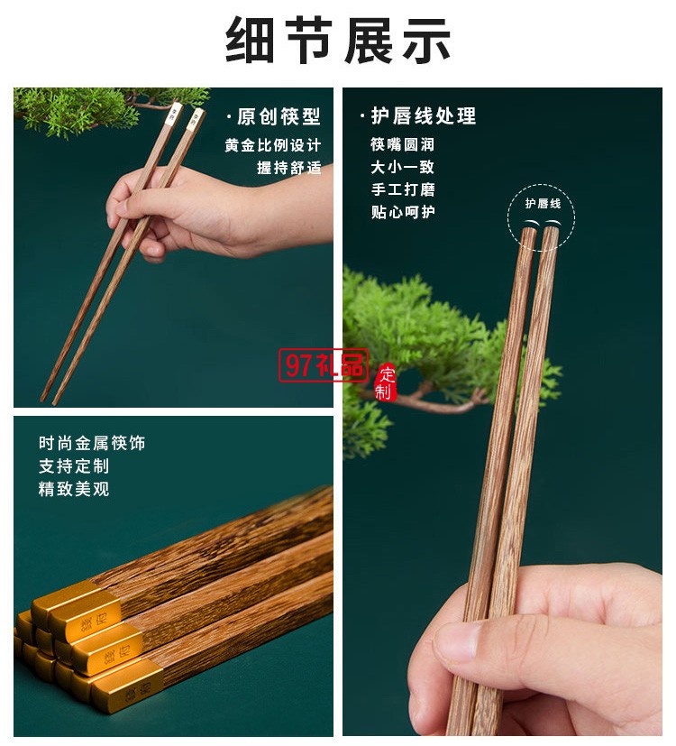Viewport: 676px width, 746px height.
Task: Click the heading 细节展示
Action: (x=338, y=41)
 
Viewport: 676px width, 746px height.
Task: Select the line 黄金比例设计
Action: (x=272, y=145)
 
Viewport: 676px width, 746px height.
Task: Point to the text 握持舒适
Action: (x=288, y=168)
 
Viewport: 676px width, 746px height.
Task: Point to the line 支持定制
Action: (x=74, y=466)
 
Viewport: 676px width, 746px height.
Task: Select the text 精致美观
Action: (x=74, y=490)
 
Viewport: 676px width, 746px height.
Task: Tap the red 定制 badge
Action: (x=386, y=381)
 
